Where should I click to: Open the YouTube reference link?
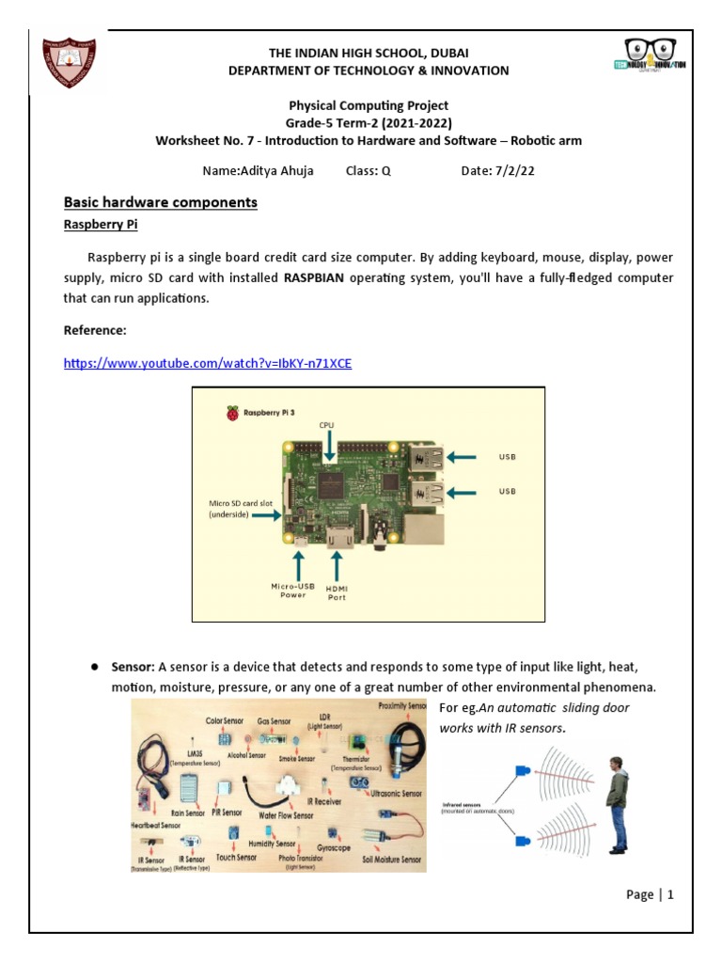208,363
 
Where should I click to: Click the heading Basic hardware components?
160,202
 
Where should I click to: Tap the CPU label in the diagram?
326,425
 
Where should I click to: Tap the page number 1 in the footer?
671,894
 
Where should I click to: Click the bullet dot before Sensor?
95,667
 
